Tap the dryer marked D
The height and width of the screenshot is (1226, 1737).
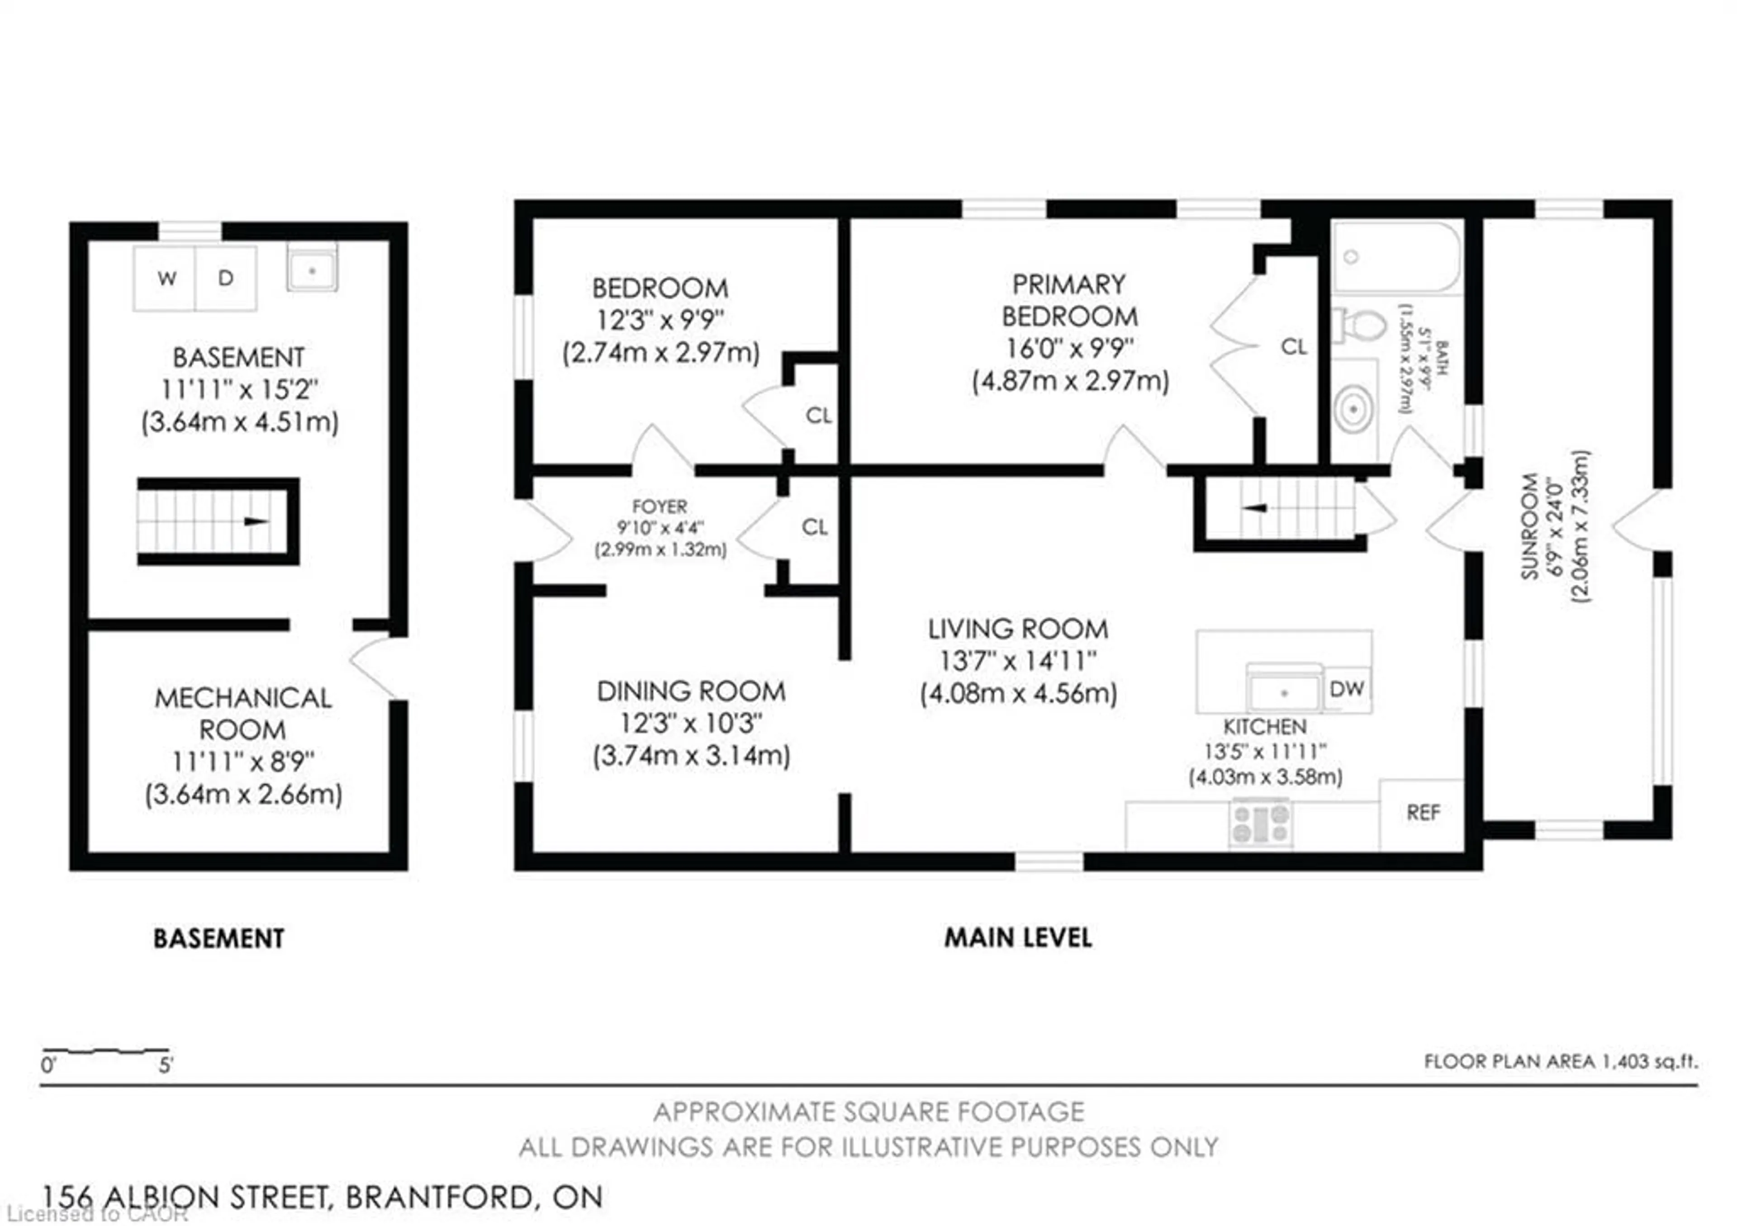pyautogui.click(x=225, y=278)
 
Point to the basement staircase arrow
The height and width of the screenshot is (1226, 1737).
pyautogui.click(x=256, y=522)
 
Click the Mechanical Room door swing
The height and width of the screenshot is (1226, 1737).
pyautogui.click(x=375, y=666)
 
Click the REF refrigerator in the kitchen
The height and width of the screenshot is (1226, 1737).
pyautogui.click(x=1422, y=813)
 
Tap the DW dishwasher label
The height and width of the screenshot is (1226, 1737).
pyautogui.click(x=1347, y=689)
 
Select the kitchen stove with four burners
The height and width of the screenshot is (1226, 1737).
pyautogui.click(x=1260, y=824)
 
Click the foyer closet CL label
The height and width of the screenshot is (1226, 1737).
pyautogui.click(x=815, y=527)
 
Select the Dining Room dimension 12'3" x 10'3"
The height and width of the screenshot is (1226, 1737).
pyautogui.click(x=691, y=723)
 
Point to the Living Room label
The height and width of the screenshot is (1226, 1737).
pyautogui.click(x=1017, y=629)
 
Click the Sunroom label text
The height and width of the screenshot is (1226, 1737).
pyautogui.click(x=1530, y=526)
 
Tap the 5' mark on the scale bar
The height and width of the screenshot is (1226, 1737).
pyautogui.click(x=166, y=1065)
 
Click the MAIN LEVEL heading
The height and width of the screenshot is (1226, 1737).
pyautogui.click(x=1017, y=938)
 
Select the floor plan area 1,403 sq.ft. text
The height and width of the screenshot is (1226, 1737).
pyautogui.click(x=1560, y=1062)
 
